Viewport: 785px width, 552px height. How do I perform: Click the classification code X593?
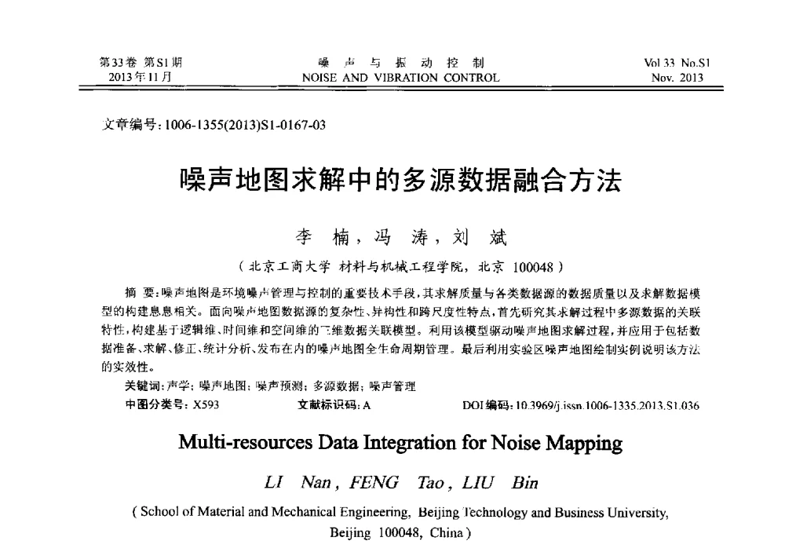206,405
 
